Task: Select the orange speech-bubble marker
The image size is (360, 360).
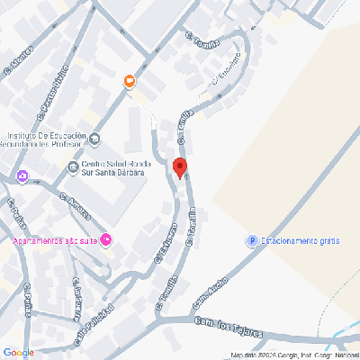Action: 130,82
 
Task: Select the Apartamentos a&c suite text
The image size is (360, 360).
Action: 53,240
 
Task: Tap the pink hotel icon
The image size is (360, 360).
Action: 106,239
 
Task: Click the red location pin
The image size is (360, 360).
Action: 179,168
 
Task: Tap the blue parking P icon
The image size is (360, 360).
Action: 252,240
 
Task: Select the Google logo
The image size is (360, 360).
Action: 18,352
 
